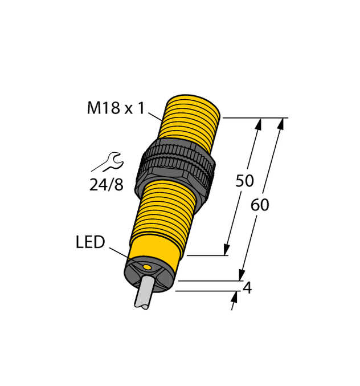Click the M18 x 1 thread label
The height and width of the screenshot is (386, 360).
pyautogui.click(x=116, y=108)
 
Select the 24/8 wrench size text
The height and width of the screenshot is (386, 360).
pyautogui.click(x=106, y=185)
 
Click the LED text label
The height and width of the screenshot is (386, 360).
pyautogui.click(x=90, y=242)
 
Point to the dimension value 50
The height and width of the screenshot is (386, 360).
pyautogui.click(x=244, y=181)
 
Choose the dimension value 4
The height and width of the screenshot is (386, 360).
pyautogui.click(x=247, y=289)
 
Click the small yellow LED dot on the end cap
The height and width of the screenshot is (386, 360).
pyautogui.click(x=147, y=267)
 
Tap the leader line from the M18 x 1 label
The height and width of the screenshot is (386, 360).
pyautogui.click(x=155, y=117)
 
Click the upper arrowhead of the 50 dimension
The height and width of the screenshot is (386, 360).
pyautogui.click(x=259, y=123)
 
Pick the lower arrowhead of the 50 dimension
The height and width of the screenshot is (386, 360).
pyautogui.click(x=227, y=249)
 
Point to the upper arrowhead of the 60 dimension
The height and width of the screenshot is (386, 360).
pyautogui.click(x=281, y=123)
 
